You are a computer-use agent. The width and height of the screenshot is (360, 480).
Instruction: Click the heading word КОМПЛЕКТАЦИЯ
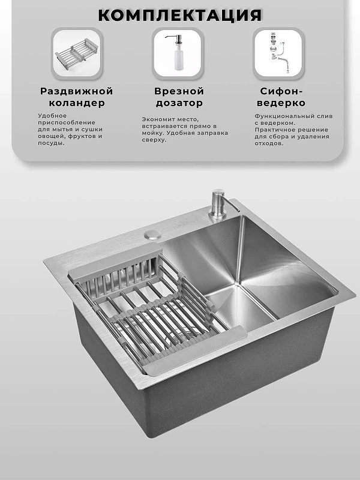[180, 15]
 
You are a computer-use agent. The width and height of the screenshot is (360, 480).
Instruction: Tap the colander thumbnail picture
[77, 53]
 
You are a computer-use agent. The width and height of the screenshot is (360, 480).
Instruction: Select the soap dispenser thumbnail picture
[178, 53]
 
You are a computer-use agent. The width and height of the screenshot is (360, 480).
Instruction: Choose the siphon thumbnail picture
[278, 53]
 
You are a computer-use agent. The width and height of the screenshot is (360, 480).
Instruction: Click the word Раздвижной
[77, 91]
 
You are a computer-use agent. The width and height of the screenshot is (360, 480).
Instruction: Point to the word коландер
[77, 103]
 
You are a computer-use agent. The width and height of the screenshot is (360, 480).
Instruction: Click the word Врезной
[179, 91]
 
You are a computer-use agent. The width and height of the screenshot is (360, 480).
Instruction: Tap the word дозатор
[179, 103]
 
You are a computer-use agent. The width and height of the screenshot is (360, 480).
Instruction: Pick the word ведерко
[281, 103]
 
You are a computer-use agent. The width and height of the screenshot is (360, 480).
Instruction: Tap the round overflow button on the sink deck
[153, 235]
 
